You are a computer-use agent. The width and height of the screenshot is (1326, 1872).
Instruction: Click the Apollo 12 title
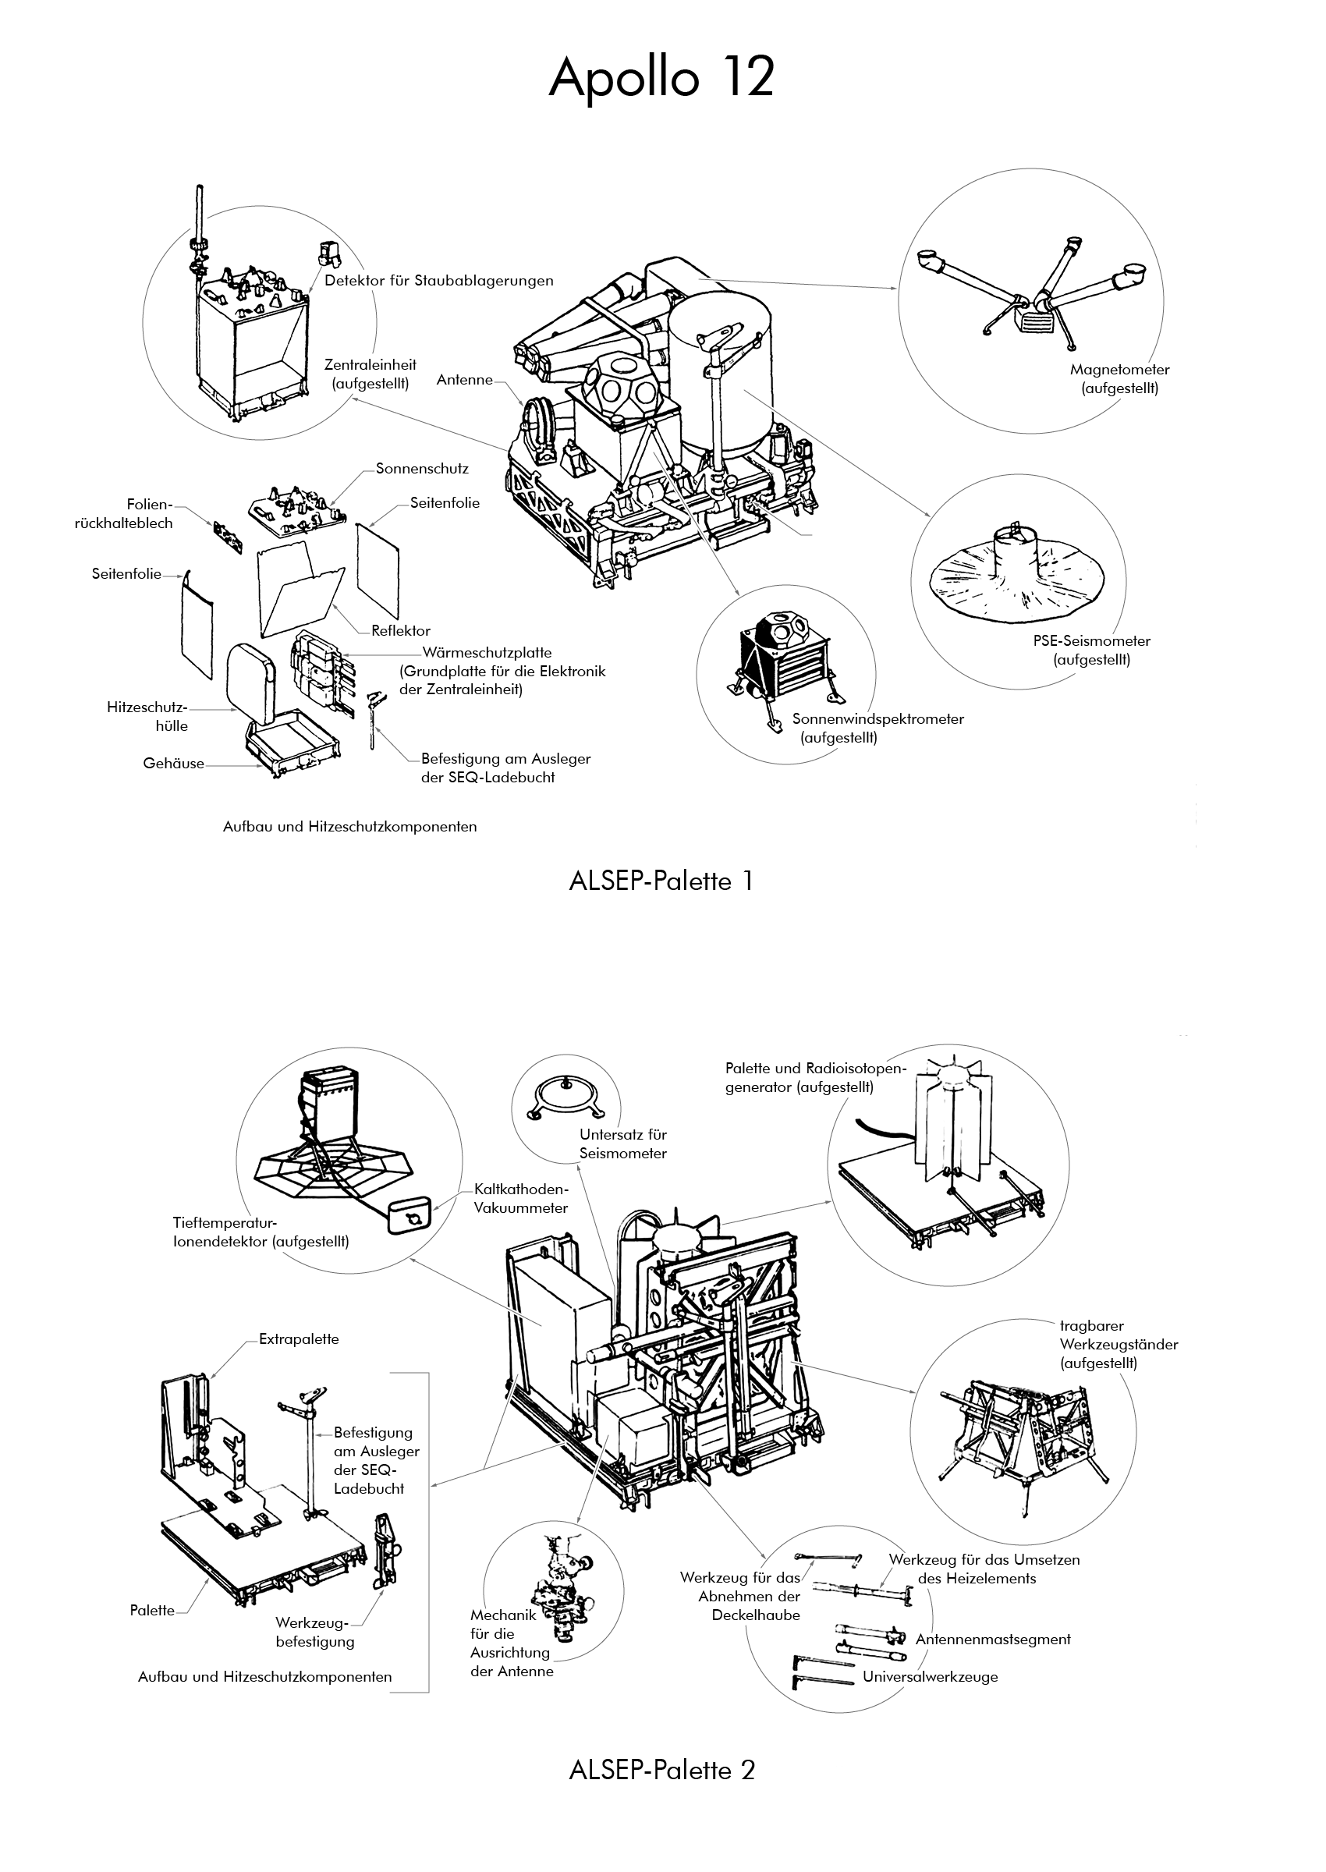(661, 80)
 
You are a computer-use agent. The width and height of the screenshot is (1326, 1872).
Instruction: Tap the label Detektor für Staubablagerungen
(438, 281)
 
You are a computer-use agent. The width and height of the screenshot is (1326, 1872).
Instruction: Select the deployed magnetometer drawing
(1033, 294)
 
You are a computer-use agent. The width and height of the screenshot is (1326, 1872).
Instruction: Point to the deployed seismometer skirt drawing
(1016, 573)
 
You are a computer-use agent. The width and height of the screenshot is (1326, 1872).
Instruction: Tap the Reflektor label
(400, 630)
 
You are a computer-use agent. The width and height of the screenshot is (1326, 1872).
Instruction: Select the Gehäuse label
(173, 764)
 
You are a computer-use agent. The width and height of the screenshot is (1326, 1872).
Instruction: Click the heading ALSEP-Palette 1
(661, 881)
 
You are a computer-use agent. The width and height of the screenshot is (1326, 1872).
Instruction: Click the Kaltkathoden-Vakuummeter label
(521, 1199)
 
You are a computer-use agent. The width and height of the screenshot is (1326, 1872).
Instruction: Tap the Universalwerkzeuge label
(930, 1678)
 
